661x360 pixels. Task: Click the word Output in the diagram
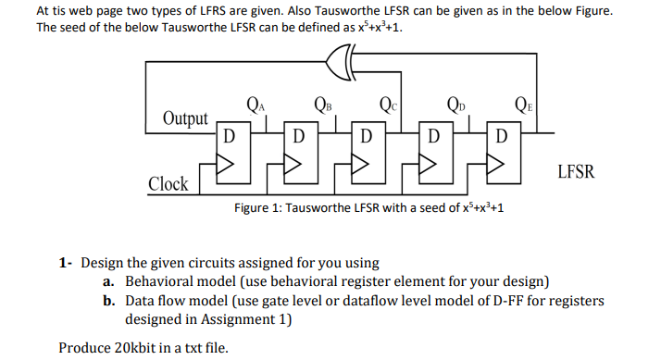(185, 118)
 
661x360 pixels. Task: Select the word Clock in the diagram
(168, 183)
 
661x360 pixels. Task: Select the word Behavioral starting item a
(158, 281)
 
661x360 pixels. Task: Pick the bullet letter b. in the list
(109, 301)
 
